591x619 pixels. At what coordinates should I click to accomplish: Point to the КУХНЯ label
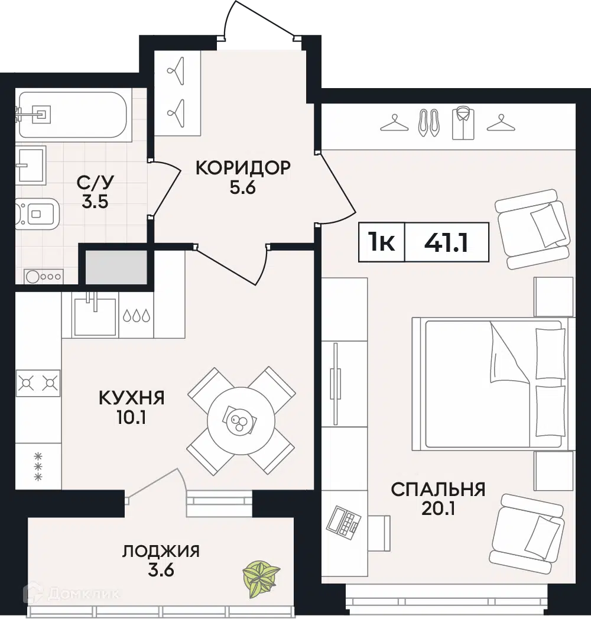(131, 398)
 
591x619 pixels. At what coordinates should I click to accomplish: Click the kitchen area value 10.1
(131, 419)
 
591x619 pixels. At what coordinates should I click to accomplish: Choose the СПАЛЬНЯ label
(438, 489)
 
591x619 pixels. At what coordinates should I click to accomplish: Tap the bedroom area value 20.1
(438, 509)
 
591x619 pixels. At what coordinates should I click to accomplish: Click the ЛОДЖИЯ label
(161, 552)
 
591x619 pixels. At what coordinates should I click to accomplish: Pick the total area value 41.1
(446, 242)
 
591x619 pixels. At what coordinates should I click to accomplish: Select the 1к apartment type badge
(382, 242)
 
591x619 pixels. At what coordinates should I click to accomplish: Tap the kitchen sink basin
(94, 317)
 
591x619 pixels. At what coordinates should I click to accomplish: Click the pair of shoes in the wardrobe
(428, 123)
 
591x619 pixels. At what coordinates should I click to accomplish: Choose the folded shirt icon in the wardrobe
(463, 124)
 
